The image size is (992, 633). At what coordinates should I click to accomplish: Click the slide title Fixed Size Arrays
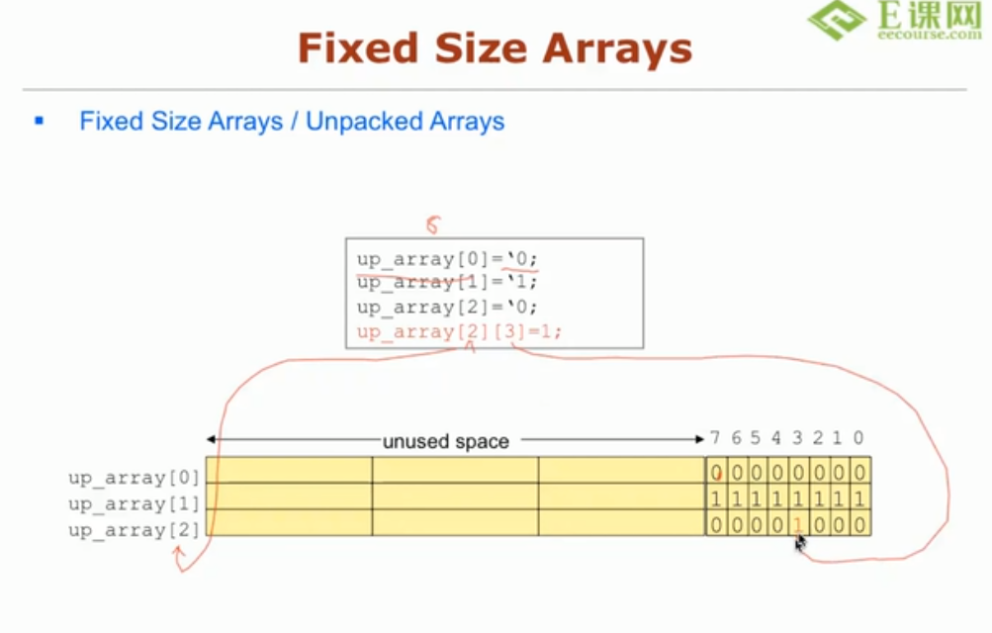(x=495, y=46)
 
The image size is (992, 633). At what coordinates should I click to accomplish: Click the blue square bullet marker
(x=40, y=122)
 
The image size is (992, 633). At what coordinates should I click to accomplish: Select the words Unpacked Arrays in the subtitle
(x=405, y=122)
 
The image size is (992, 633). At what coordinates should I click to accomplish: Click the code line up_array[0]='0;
(x=448, y=259)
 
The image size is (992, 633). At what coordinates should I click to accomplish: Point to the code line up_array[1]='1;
(x=448, y=283)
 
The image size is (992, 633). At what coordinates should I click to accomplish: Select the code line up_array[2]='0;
(x=448, y=307)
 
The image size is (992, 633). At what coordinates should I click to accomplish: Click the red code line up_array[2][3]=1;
(x=459, y=331)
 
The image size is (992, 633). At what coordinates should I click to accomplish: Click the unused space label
(x=445, y=441)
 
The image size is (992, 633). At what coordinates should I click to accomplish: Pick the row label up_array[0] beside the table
(x=134, y=478)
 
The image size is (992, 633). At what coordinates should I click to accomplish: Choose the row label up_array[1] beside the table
(x=134, y=503)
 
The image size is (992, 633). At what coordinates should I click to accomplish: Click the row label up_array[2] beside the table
(x=134, y=530)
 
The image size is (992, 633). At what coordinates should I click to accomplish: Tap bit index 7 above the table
(x=715, y=438)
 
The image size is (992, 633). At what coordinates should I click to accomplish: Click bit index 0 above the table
(x=857, y=438)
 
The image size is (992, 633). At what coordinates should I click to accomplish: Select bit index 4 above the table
(x=776, y=438)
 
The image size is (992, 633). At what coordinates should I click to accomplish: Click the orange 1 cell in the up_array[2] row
(x=797, y=524)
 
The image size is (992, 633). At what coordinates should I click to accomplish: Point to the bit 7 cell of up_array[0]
(x=716, y=472)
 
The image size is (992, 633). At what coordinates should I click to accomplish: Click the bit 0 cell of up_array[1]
(x=859, y=497)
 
